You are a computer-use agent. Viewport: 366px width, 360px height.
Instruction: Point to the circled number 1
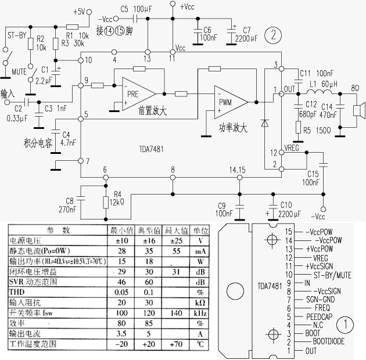pyautogui.click(x=346, y=322)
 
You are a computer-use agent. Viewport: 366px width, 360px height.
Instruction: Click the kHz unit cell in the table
pyautogui.click(x=200, y=312)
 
